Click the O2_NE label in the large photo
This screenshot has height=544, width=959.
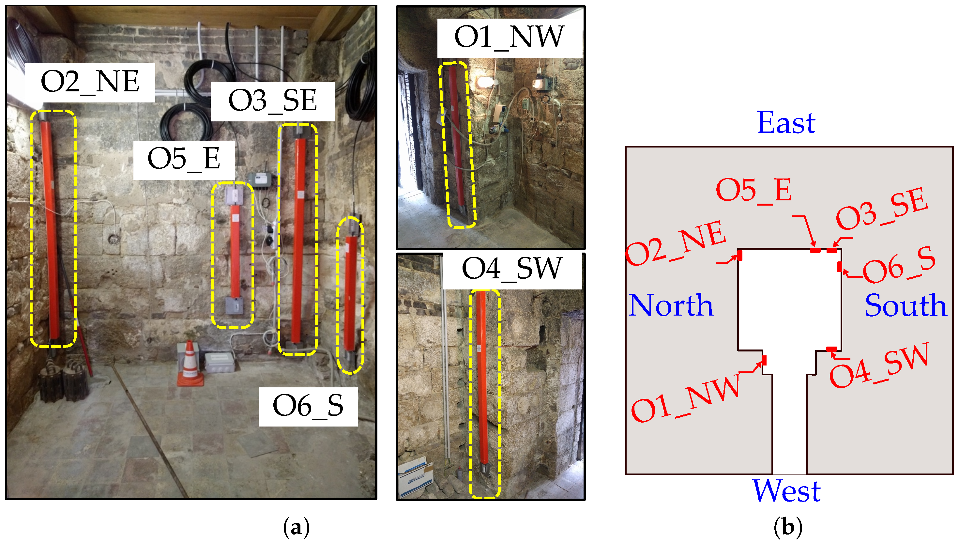click(x=90, y=83)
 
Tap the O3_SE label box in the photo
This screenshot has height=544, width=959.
click(x=272, y=101)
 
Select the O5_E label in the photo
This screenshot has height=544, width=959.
click(x=184, y=160)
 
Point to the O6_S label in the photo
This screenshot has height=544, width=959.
click(x=308, y=407)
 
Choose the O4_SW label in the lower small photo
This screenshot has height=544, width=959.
click(x=512, y=269)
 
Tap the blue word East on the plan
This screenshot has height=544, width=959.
click(x=786, y=123)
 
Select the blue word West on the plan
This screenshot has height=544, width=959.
click(x=786, y=490)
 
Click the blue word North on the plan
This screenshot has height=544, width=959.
click(x=671, y=305)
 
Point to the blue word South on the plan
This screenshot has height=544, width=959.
click(x=906, y=305)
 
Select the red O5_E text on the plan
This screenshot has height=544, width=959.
click(x=753, y=190)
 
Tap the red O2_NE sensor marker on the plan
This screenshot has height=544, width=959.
click(x=740, y=256)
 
